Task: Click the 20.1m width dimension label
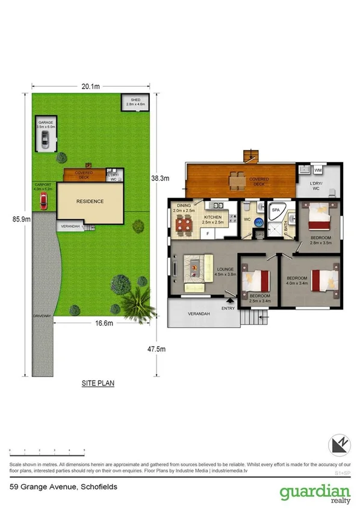90,87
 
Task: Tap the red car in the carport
43,203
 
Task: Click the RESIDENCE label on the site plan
90,202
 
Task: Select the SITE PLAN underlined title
98,382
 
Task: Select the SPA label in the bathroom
276,210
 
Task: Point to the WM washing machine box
317,170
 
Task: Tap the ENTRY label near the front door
228,308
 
